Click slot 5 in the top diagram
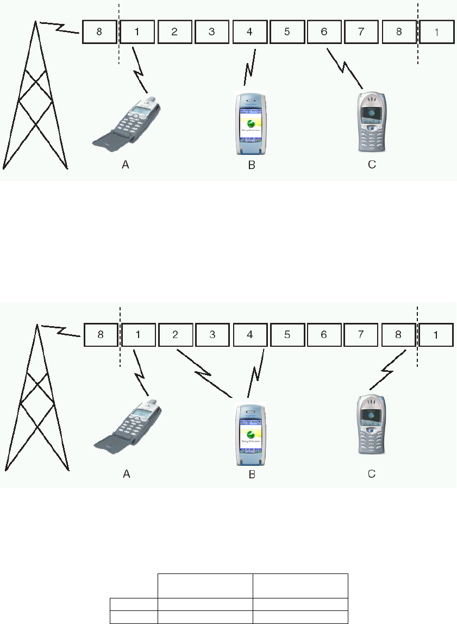coord(287,32)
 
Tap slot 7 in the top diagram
coord(361,32)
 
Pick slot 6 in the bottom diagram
coord(324,334)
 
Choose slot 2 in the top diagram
coord(174,32)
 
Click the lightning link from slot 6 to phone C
coord(345,68)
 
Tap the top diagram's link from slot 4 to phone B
coord(251,67)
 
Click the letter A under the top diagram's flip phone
coord(125,165)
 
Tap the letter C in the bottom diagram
coord(372,474)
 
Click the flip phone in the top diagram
coord(128,123)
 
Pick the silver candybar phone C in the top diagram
coord(372,122)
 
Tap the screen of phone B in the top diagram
coord(251,122)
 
